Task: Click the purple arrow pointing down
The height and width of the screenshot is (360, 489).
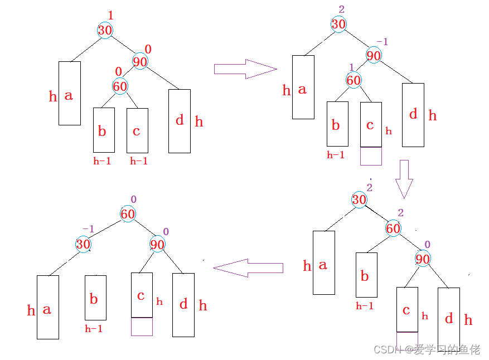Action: [x=404, y=179]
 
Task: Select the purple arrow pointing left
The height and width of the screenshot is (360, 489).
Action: [x=248, y=268]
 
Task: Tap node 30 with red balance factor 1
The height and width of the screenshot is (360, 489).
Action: [x=105, y=30]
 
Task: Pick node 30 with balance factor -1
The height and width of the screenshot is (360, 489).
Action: [x=84, y=244]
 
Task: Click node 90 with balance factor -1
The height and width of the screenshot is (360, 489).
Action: [x=374, y=55]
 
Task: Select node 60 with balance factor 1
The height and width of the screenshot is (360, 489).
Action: [x=354, y=80]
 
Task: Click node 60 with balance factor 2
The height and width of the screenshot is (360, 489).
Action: [x=394, y=228]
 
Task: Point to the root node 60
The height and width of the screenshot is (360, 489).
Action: [x=128, y=214]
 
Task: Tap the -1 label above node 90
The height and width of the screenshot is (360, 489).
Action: [x=382, y=42]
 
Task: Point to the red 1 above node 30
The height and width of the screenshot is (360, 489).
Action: [x=110, y=16]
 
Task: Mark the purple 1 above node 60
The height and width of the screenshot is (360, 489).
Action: [x=351, y=67]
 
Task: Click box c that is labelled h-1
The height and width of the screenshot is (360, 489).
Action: [x=137, y=130]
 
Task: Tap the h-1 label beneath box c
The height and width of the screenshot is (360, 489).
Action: [x=138, y=161]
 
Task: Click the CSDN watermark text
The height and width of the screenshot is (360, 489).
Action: [x=427, y=349]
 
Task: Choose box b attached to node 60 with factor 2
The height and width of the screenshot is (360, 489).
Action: [x=366, y=275]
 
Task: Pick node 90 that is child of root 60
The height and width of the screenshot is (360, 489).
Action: [x=157, y=244]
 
